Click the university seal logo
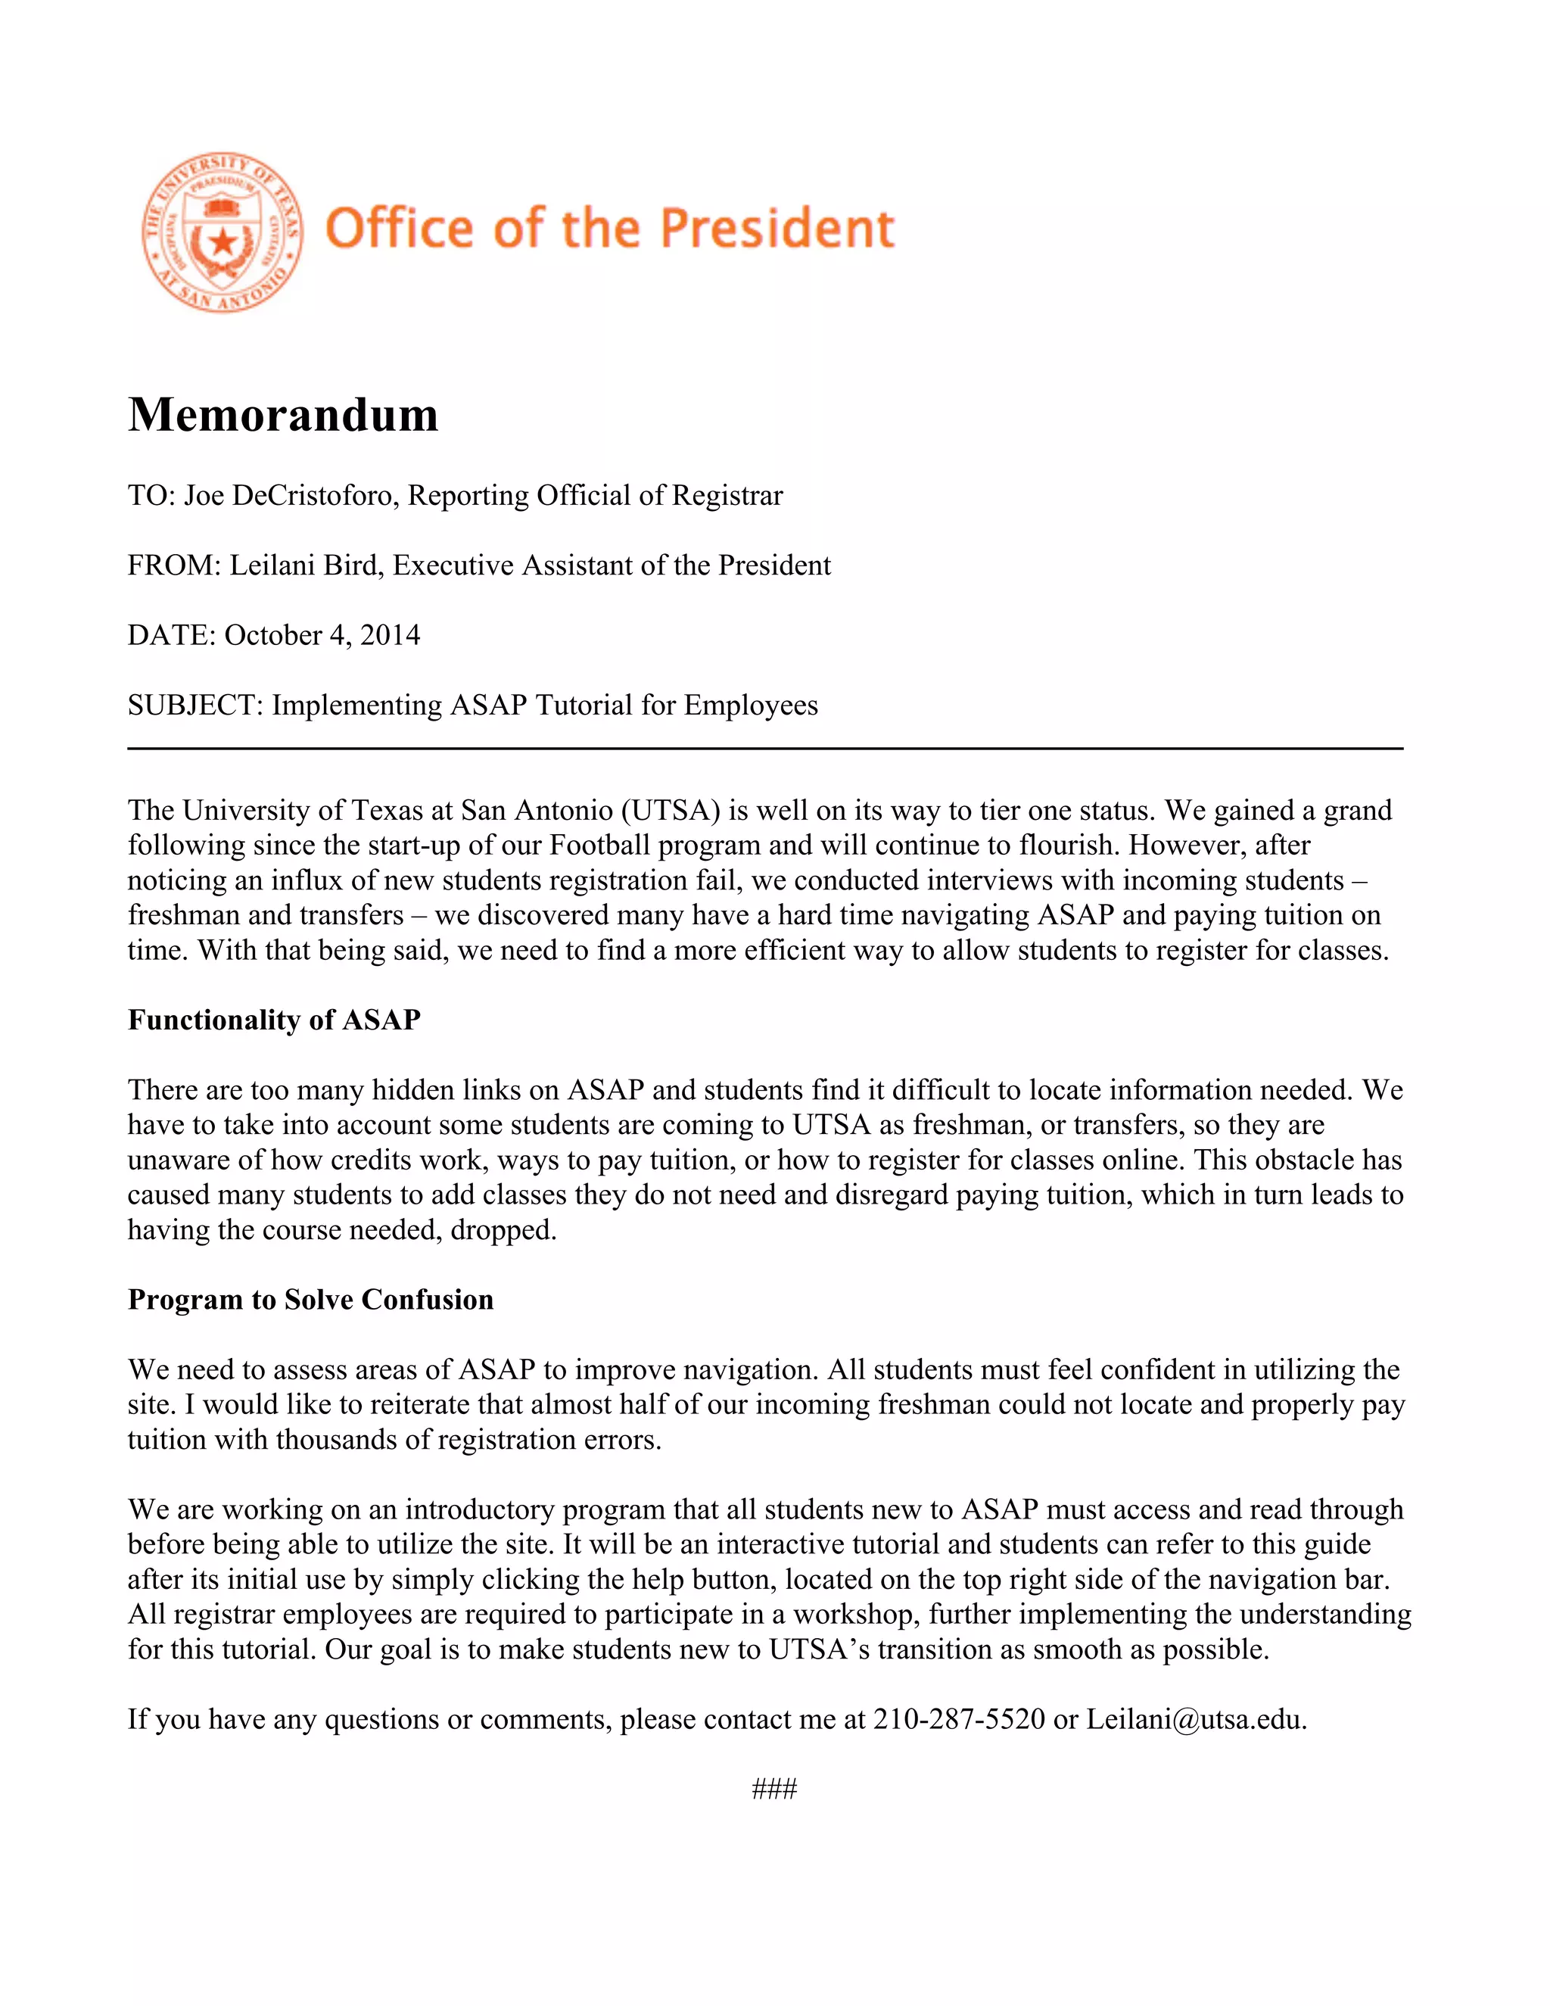pyautogui.click(x=223, y=232)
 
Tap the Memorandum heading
pyautogui.click(x=283, y=414)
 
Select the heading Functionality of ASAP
pyautogui.click(x=274, y=1020)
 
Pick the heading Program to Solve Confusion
pyautogui.click(x=310, y=1300)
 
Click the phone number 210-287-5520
pyautogui.click(x=959, y=1719)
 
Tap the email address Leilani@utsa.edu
pyautogui.click(x=1196, y=1719)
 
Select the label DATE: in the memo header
pyautogui.click(x=171, y=636)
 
